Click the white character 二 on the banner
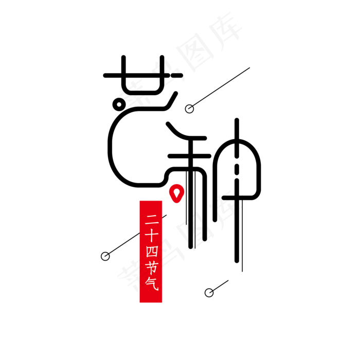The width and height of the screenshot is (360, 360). tap(151, 220)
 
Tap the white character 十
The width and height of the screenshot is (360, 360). tap(151, 236)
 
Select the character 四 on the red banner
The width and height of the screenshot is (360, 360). tap(151, 251)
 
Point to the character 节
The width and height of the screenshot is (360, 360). tap(151, 267)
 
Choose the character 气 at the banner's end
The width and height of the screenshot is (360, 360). tap(151, 283)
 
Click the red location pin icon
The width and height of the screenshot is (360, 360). tap(176, 192)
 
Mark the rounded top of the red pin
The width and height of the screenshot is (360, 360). tap(176, 185)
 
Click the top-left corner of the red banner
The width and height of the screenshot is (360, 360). tap(140, 201)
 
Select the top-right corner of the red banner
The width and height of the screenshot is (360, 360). tap(162, 201)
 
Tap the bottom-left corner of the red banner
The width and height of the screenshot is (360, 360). tap(140, 302)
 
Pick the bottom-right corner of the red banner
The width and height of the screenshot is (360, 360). tap(162, 302)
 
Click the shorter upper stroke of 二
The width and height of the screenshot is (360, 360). tap(151, 216)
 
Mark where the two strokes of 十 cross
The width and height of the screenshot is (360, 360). tap(151, 235)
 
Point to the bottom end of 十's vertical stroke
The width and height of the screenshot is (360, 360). tap(151, 242)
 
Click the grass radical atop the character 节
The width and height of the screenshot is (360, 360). tap(151, 263)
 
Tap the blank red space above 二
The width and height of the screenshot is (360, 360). tap(151, 207)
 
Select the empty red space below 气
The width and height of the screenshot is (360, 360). tap(151, 297)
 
